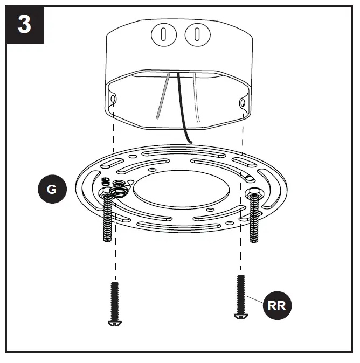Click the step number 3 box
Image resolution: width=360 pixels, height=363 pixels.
coord(24,25)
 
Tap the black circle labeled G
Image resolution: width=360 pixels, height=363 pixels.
coord(52,190)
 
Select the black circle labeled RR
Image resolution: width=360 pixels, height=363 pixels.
coord(276,306)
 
